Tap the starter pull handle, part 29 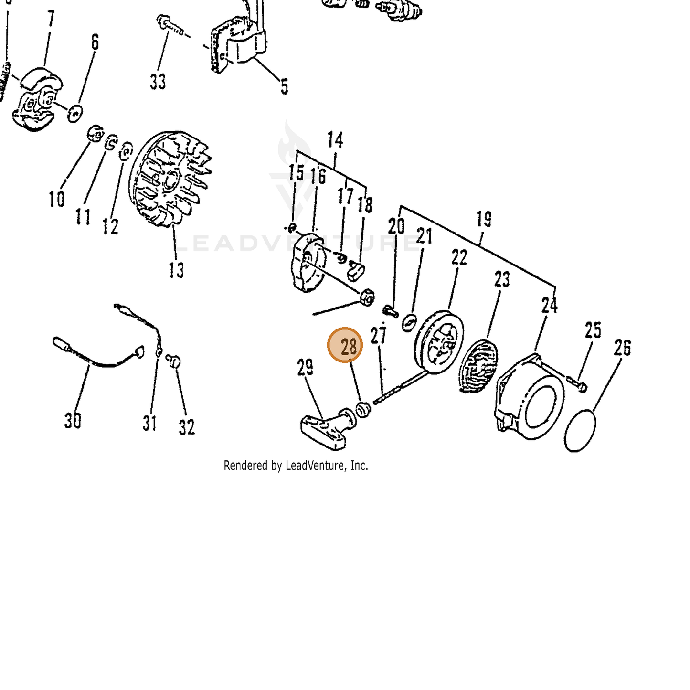(x=328, y=429)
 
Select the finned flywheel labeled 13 (x=170, y=179)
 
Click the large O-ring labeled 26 (x=580, y=430)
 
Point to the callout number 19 (x=484, y=219)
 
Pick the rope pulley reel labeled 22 (x=439, y=342)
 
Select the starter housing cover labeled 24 (x=530, y=397)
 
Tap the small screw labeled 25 (x=577, y=383)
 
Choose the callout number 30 (x=73, y=420)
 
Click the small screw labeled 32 (x=174, y=361)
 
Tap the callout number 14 (x=335, y=140)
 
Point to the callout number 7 (x=51, y=19)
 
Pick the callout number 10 (x=57, y=199)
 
